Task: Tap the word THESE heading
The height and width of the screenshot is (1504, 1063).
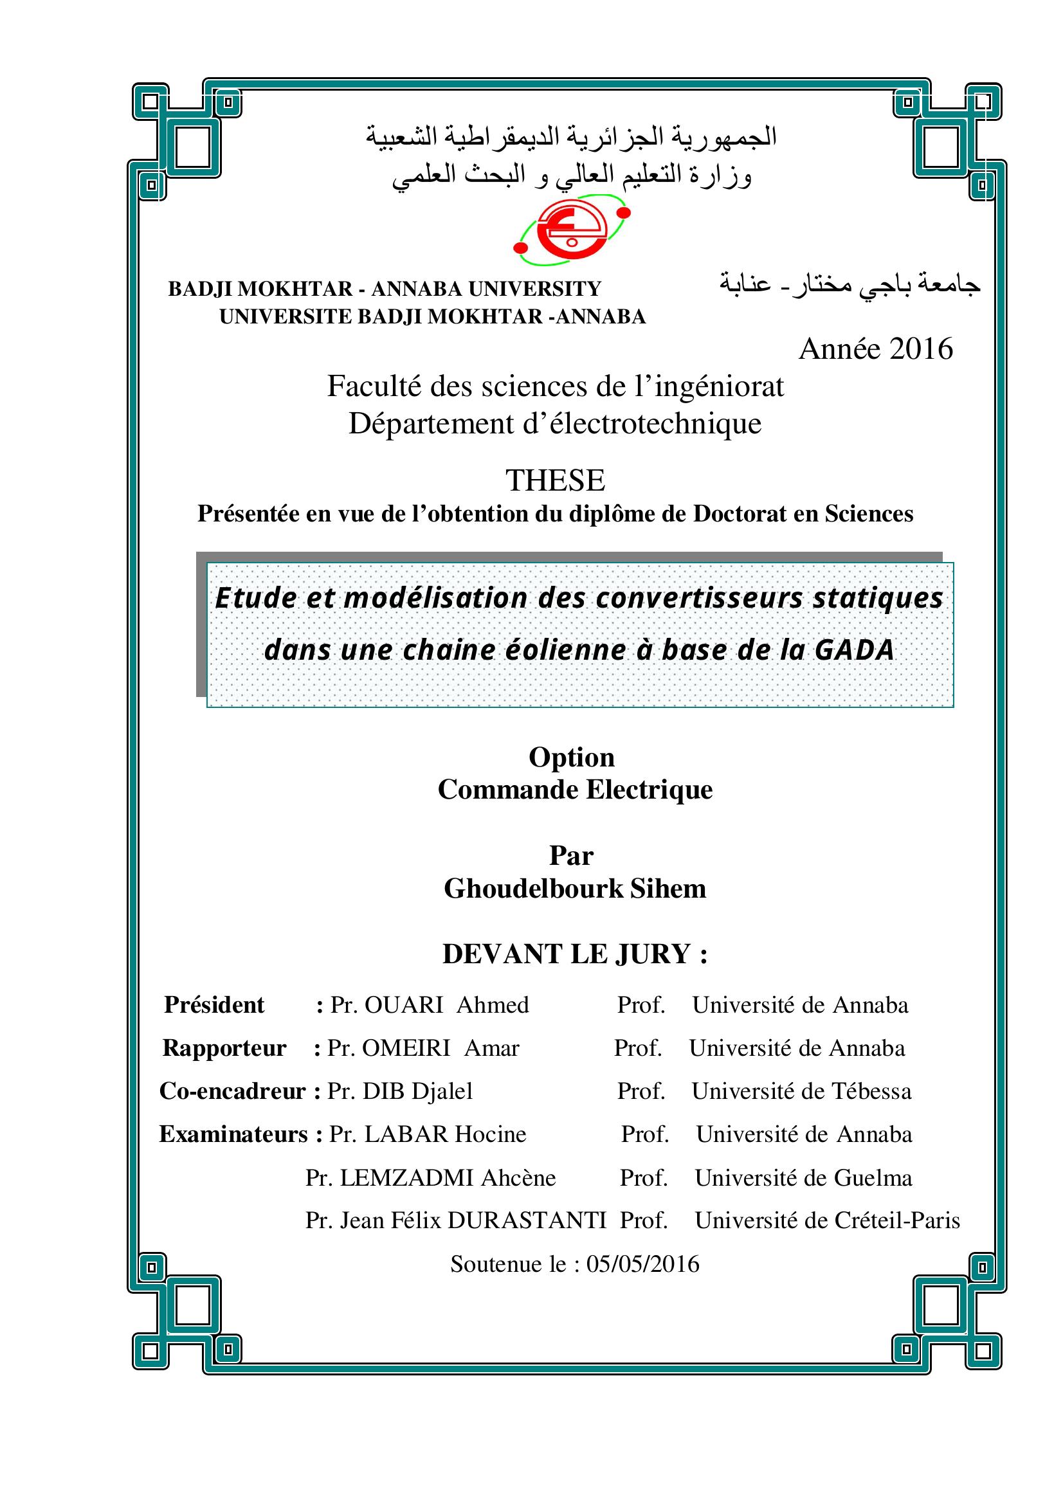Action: click(555, 480)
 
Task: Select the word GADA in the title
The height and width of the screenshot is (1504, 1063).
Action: click(855, 650)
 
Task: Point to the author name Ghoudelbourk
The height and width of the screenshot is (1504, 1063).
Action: click(533, 889)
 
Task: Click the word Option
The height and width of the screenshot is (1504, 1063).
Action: click(571, 757)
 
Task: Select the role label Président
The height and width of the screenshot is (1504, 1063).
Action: click(214, 1005)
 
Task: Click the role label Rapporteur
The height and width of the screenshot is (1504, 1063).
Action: click(224, 1048)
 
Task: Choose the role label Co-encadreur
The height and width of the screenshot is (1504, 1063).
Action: click(233, 1091)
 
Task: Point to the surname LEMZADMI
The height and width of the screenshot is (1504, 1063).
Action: click(406, 1178)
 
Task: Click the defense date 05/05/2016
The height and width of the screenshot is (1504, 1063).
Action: click(642, 1264)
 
